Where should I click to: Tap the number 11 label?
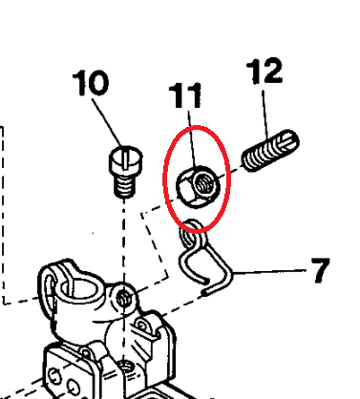tap(188, 95)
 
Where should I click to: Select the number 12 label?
tap(265, 72)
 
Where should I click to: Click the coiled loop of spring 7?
tap(194, 226)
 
